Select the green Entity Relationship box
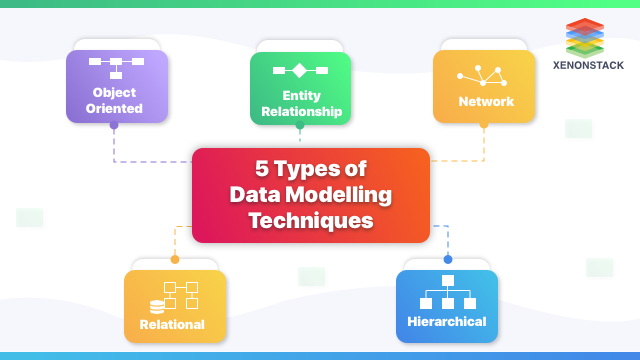(301, 88)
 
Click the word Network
(486, 101)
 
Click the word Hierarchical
(447, 322)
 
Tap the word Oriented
(114, 108)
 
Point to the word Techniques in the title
(311, 218)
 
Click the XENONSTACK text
(588, 66)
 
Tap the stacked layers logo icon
(587, 37)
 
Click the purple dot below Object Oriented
(113, 126)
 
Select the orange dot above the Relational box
(175, 259)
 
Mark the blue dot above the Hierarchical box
(447, 259)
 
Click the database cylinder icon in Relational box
(157, 306)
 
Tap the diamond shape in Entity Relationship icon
(300, 71)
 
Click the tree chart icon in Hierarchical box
(447, 293)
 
